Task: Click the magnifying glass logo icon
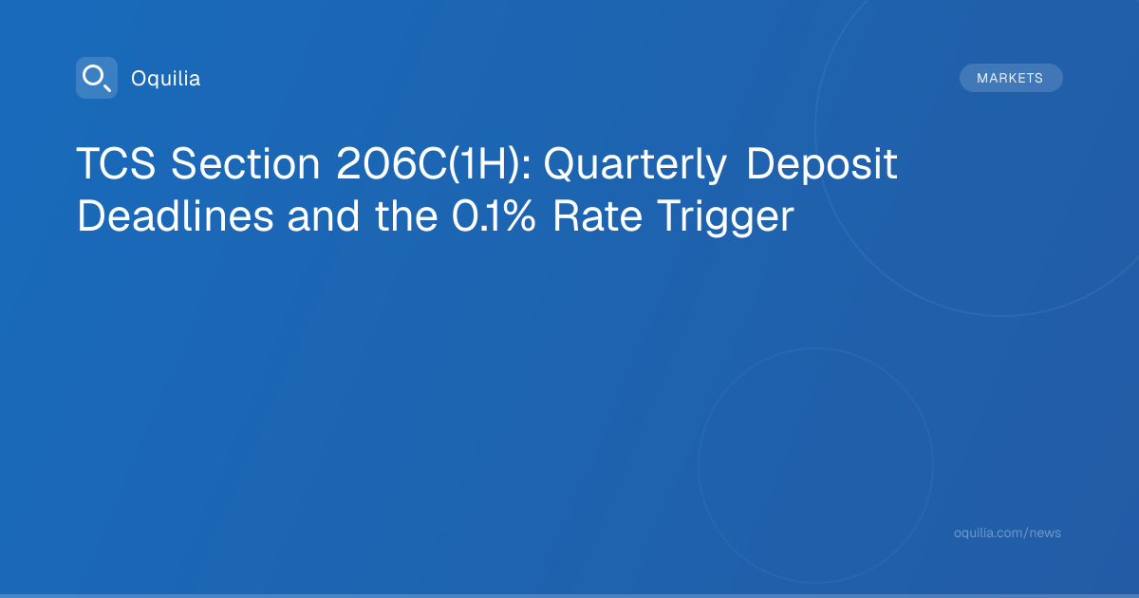(x=97, y=78)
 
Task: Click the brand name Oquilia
(x=166, y=79)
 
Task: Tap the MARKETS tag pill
(x=1011, y=78)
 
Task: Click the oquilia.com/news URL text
(x=1007, y=533)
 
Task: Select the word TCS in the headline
(x=116, y=163)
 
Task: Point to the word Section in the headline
(x=246, y=163)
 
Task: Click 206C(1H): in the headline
(x=434, y=163)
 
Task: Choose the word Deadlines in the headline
(x=176, y=216)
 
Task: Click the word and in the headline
(x=324, y=216)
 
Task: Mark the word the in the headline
(x=406, y=216)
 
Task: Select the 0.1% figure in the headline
(x=494, y=216)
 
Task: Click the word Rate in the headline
(x=597, y=216)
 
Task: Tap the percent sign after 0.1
(x=518, y=216)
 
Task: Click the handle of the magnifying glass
(x=107, y=88)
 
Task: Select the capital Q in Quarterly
(x=560, y=164)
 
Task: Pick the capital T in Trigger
(x=672, y=216)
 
